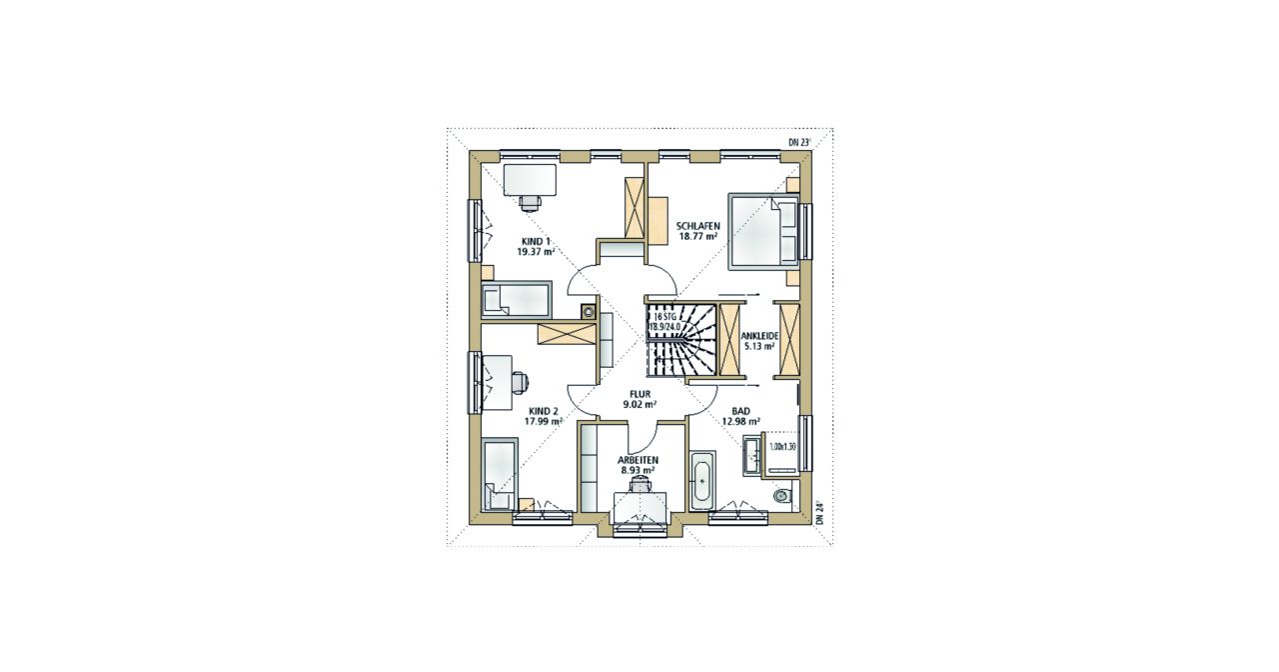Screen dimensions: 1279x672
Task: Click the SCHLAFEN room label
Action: [697, 225]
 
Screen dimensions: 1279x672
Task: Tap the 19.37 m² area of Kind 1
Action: [136, 251]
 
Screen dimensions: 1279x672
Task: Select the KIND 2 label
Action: [143, 411]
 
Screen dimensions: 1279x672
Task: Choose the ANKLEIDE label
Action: [759, 336]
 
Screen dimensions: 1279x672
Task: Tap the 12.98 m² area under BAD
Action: [740, 422]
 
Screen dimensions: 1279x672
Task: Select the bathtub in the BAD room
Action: [701, 481]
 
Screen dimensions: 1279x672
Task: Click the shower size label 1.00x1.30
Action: [781, 447]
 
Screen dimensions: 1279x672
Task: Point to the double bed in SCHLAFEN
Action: [762, 231]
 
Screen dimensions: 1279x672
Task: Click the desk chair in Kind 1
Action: [131, 202]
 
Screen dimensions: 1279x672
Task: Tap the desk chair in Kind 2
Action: [119, 382]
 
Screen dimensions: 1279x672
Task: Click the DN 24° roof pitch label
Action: [819, 513]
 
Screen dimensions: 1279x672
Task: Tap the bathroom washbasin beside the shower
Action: [752, 455]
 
